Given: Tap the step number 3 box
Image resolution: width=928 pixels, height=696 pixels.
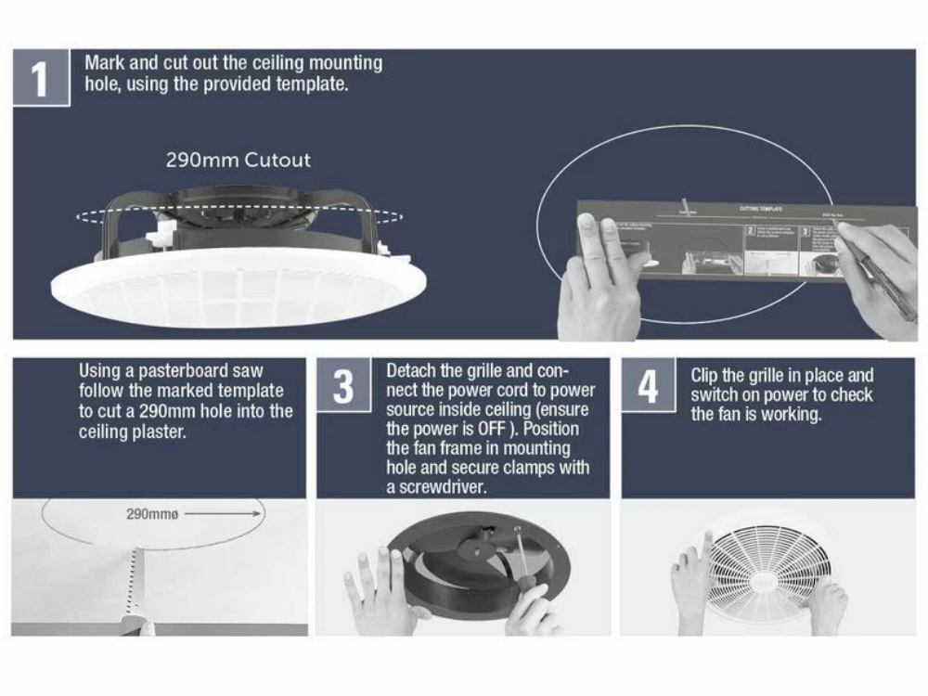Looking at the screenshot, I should pos(342,385).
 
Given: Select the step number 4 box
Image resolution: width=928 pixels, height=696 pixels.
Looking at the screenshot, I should pos(647,385).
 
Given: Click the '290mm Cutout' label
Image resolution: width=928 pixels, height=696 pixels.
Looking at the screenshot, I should pos(238,160).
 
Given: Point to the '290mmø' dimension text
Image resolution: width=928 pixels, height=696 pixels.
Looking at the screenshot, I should pos(148,513).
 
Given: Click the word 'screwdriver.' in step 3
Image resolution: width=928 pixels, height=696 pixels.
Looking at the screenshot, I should pos(436,487).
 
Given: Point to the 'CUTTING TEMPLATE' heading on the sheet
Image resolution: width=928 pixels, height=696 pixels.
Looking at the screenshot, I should pos(761,210).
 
